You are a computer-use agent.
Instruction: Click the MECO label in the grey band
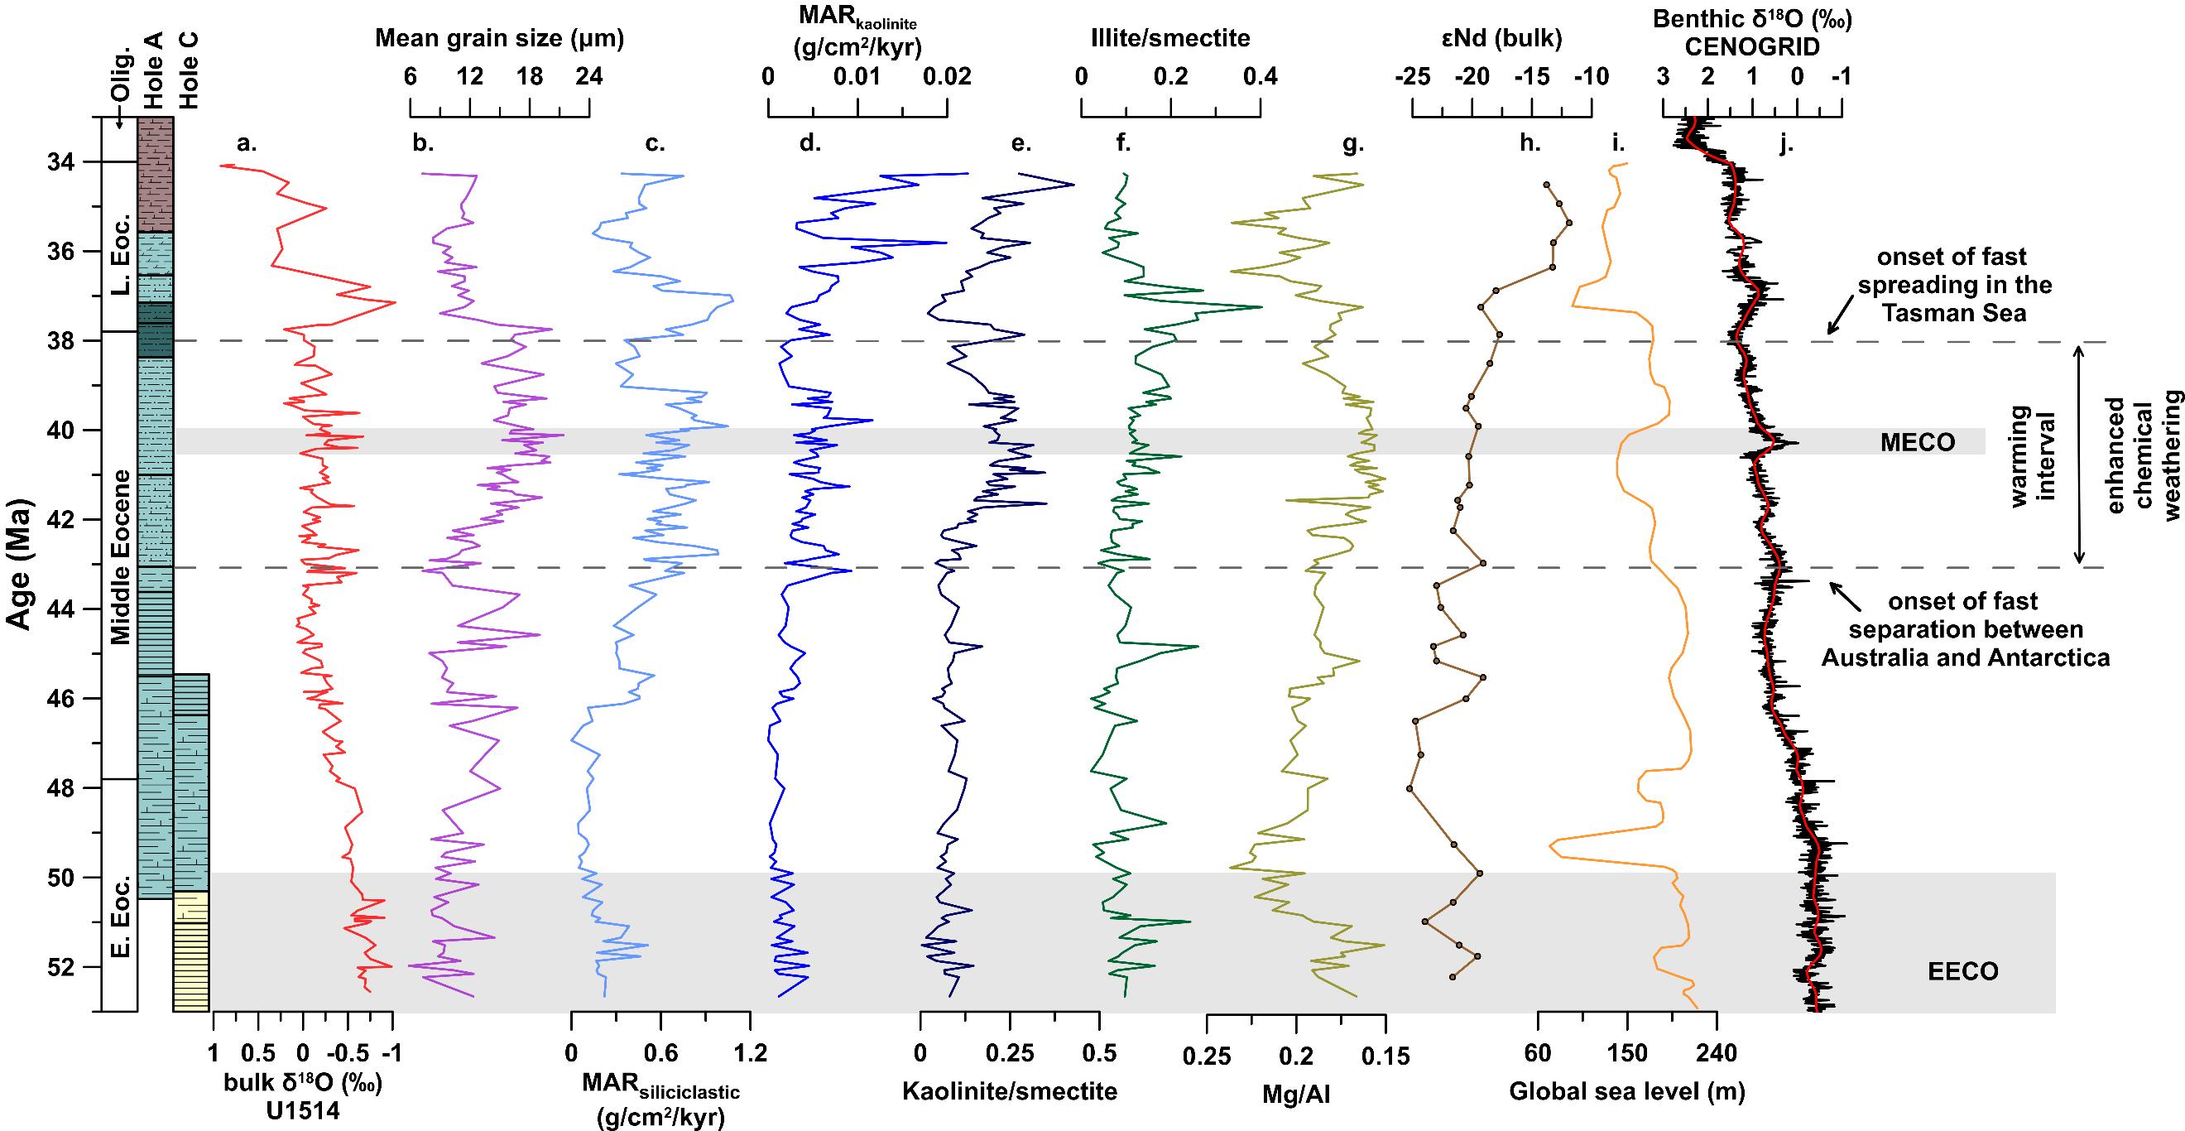pyautogui.click(x=1918, y=442)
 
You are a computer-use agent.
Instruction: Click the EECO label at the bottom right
pyautogui.click(x=1962, y=972)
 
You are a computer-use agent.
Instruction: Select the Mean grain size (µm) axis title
pyautogui.click(x=500, y=38)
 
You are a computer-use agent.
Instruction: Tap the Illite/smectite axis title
pyautogui.click(x=1170, y=38)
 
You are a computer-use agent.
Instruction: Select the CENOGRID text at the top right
pyautogui.click(x=1752, y=47)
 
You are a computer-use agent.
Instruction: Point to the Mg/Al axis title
pyautogui.click(x=1296, y=1095)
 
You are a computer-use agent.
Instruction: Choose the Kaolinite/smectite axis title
pyautogui.click(x=1010, y=1090)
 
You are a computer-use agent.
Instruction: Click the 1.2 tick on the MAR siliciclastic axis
pyautogui.click(x=750, y=1055)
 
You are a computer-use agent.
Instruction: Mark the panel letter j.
pyautogui.click(x=1787, y=144)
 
